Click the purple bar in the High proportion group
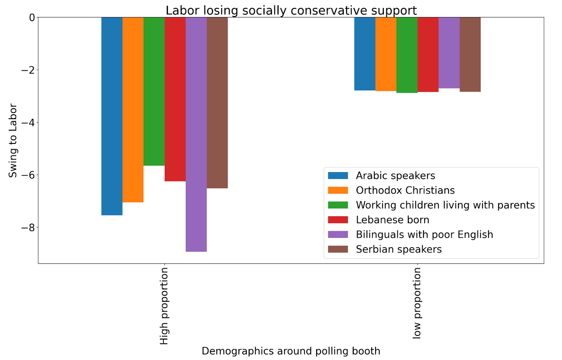[x=196, y=134]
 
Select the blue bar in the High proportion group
[x=112, y=116]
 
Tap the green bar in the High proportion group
[x=154, y=91]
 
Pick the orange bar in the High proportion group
[x=133, y=110]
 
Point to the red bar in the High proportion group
[x=175, y=99]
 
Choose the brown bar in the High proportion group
[x=217, y=103]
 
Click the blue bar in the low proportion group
[x=365, y=54]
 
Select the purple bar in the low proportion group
[x=449, y=53]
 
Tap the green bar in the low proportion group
[x=407, y=55]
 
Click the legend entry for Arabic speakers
[x=395, y=176]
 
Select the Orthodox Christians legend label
[x=405, y=190]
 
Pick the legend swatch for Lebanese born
[x=338, y=220]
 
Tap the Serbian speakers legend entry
[x=398, y=249]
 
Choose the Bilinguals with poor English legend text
[x=424, y=235]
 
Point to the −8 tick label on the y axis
[x=28, y=228]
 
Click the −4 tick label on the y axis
[x=28, y=123]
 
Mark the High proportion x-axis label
[x=164, y=306]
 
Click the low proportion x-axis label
[x=417, y=303]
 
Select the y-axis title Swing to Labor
[x=13, y=140]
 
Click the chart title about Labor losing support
[x=291, y=11]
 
